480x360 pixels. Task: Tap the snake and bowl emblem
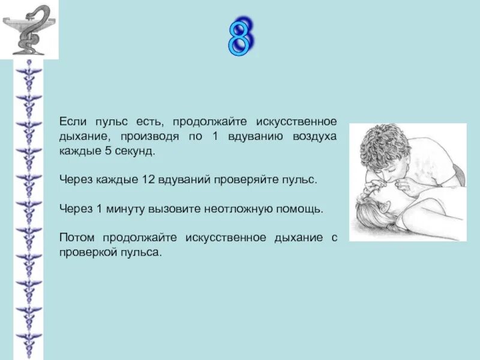(x=29, y=29)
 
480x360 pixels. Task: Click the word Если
(x=71, y=121)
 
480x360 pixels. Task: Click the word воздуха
(x=314, y=136)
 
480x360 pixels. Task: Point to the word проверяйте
(x=247, y=180)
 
